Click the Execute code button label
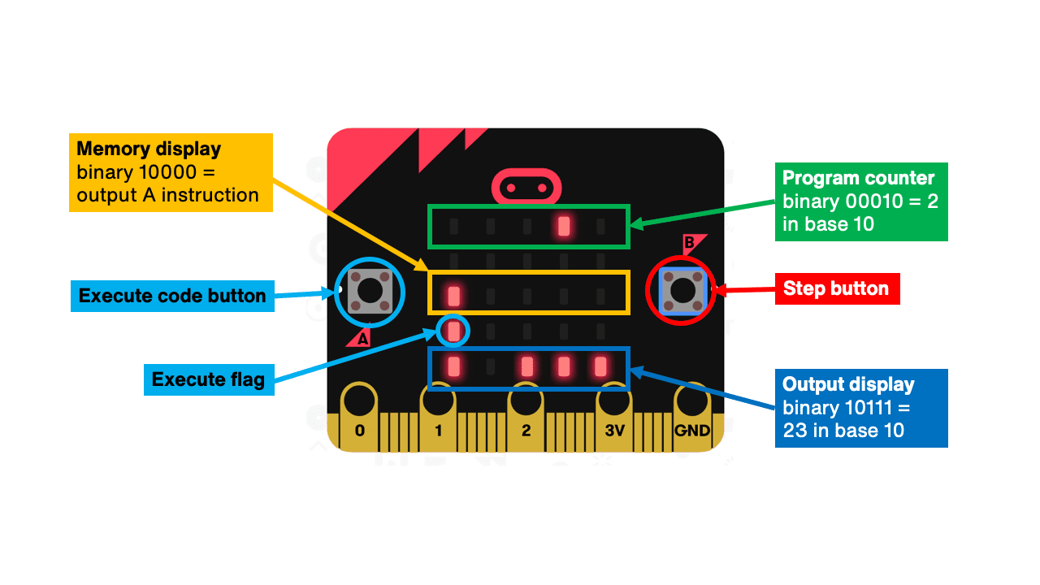tap(172, 296)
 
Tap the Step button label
tap(836, 288)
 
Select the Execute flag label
tap(208, 379)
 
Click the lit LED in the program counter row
tap(564, 227)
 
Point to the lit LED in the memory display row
tap(454, 294)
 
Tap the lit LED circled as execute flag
tap(454, 331)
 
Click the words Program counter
tap(858, 178)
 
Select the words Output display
tap(848, 384)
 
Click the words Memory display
tap(149, 149)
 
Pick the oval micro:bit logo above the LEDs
tap(526, 188)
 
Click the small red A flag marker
tap(360, 338)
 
